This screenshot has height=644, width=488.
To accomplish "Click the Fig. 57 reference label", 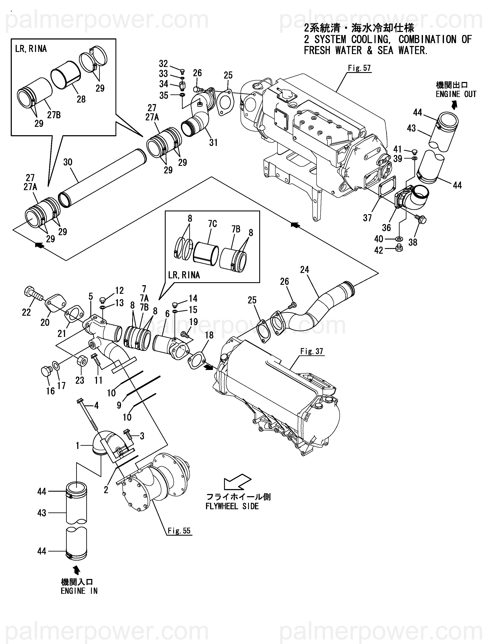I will tap(359, 68).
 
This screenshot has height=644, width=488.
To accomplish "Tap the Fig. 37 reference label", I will tap(312, 352).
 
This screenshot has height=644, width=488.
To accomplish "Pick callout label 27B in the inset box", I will tap(54, 115).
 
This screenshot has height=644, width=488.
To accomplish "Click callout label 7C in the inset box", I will tap(212, 224).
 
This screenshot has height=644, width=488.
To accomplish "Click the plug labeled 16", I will tap(46, 371).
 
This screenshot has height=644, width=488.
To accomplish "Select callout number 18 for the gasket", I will tap(209, 335).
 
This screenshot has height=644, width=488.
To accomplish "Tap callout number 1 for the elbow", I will tap(77, 446).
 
